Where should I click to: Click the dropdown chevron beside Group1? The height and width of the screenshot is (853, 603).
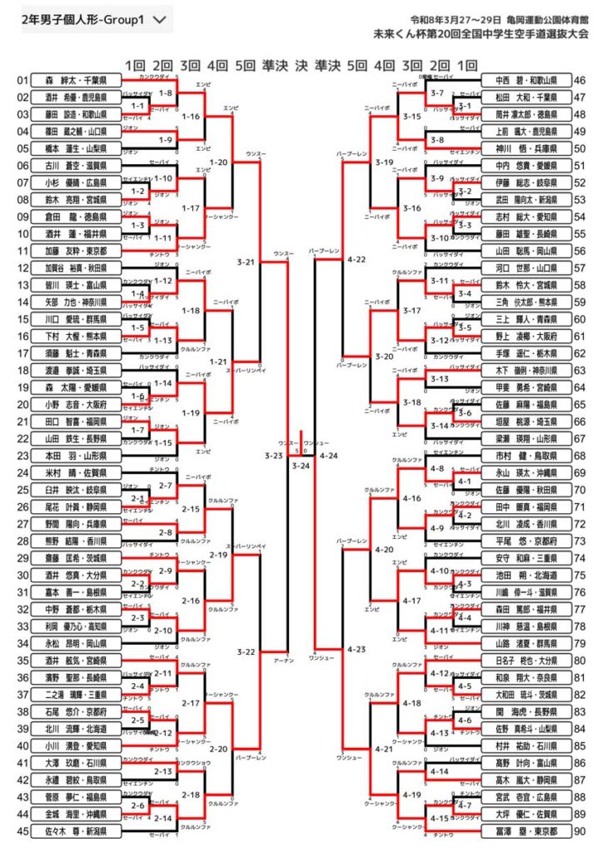[161, 17]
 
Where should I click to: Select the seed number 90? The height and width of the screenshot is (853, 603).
[580, 831]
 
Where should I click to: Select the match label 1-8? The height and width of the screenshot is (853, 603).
[165, 93]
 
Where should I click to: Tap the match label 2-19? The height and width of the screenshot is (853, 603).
[219, 554]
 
